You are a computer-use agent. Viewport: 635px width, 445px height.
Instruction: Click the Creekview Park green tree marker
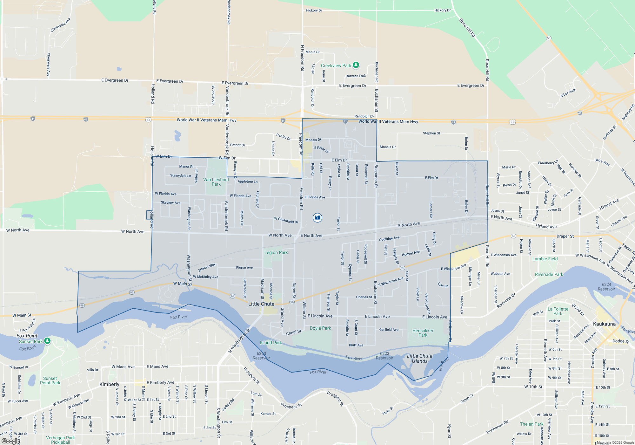pos(356,65)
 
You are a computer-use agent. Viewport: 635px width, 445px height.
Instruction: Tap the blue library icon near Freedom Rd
pos(317,218)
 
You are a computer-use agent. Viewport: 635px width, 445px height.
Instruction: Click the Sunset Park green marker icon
pos(47,341)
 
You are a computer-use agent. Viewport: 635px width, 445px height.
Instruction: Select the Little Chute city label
pos(261,304)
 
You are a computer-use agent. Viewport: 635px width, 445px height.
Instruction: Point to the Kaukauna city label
pos(604,324)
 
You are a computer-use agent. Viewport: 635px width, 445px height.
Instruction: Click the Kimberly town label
pos(109,384)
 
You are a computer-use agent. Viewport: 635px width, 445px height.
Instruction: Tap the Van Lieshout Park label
pos(216,182)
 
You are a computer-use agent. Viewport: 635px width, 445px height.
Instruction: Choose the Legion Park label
pos(276,253)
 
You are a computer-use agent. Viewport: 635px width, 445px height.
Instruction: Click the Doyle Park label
pos(320,328)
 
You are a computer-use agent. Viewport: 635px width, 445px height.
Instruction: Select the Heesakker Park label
pos(423,333)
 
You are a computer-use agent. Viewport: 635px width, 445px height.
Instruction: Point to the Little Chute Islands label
pos(419,359)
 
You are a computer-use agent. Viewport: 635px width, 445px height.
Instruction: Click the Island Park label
pos(271,343)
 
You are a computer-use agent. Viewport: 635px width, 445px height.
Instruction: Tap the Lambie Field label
pos(545,259)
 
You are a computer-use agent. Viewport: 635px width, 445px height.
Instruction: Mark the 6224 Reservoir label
pos(606,287)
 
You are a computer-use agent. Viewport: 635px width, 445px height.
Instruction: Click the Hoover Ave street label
pos(411,253)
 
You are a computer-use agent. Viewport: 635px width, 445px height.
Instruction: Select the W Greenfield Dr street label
pos(286,220)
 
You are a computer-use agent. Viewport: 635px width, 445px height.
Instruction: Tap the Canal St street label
pos(293,332)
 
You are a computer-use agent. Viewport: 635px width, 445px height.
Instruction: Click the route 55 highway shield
pos(549,38)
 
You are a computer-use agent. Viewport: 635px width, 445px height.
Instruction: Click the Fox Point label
pos(27,336)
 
